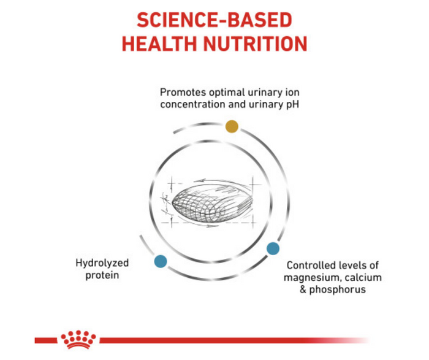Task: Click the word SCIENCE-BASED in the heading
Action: click(214, 20)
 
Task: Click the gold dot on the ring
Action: click(232, 126)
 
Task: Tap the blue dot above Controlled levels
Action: click(273, 248)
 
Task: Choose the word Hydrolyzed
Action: click(102, 263)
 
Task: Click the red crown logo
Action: click(78, 339)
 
